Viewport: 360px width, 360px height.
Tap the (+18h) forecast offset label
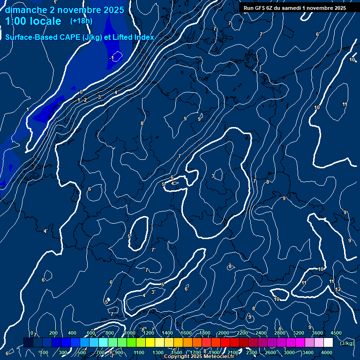82,21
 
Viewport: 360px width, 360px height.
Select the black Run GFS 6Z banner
295,8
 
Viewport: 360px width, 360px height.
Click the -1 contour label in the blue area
111,58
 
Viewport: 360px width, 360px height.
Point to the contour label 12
338,289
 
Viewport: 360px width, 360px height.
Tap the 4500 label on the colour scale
336,333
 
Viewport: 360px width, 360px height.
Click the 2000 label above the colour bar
224,333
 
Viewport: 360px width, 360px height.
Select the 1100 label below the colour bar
139,352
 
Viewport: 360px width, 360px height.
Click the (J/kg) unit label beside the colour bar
347,344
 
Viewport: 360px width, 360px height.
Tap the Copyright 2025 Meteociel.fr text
199,357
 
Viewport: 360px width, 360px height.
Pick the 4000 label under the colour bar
327,352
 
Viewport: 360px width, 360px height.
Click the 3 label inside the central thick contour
213,176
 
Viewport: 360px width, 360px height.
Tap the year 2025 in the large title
113,10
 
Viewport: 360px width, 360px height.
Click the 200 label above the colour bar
53,333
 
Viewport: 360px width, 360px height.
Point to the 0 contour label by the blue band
81,92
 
